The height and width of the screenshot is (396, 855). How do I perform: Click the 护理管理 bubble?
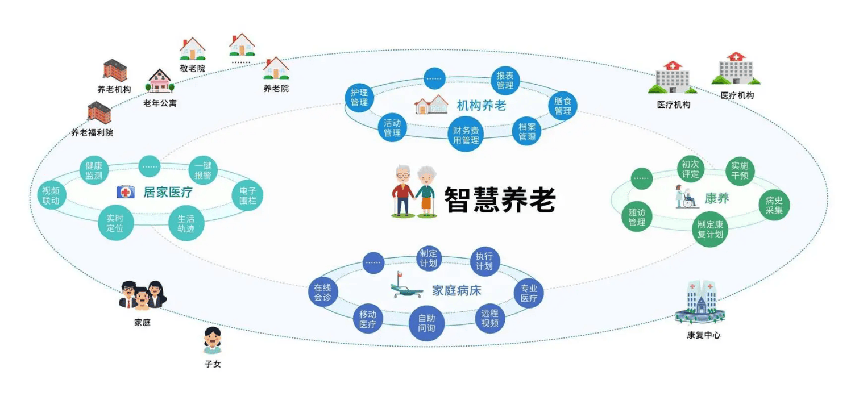tap(359, 97)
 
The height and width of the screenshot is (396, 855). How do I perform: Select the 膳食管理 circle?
tap(563, 106)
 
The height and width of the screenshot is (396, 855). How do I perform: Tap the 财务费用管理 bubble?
tap(466, 135)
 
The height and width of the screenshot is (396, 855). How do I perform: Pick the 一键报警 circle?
tap(203, 170)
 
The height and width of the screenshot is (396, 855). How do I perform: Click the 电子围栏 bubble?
tap(248, 195)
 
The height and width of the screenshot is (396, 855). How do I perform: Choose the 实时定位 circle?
tap(115, 223)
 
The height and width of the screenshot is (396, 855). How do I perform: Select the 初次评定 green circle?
tap(690, 169)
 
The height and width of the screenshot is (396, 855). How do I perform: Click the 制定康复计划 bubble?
tap(711, 229)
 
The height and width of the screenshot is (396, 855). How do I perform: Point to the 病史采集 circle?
tap(774, 205)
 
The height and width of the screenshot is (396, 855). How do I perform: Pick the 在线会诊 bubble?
tap(322, 293)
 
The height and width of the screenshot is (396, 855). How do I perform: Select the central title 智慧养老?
tap(499, 199)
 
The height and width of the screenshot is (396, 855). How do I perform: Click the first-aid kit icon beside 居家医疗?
tap(126, 192)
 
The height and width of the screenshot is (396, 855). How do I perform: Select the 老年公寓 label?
tap(160, 103)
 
